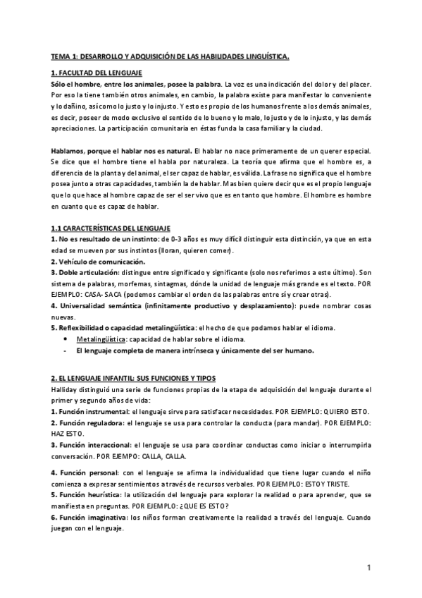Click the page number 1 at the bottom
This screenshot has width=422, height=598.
pyautogui.click(x=368, y=567)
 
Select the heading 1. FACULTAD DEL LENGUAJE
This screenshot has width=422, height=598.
pyautogui.click(x=97, y=73)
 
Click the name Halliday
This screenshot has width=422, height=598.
pyautogui.click(x=66, y=390)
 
